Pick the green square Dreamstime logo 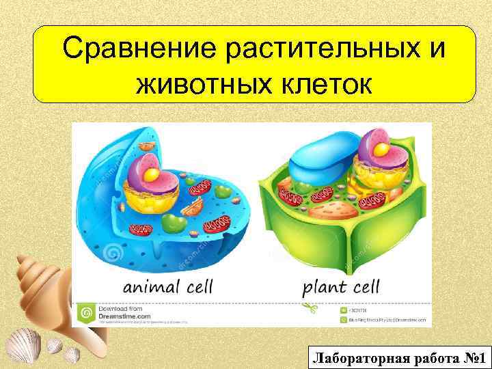pyautogui.click(x=87, y=312)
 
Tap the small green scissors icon pyautogui.click(x=312, y=309)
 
